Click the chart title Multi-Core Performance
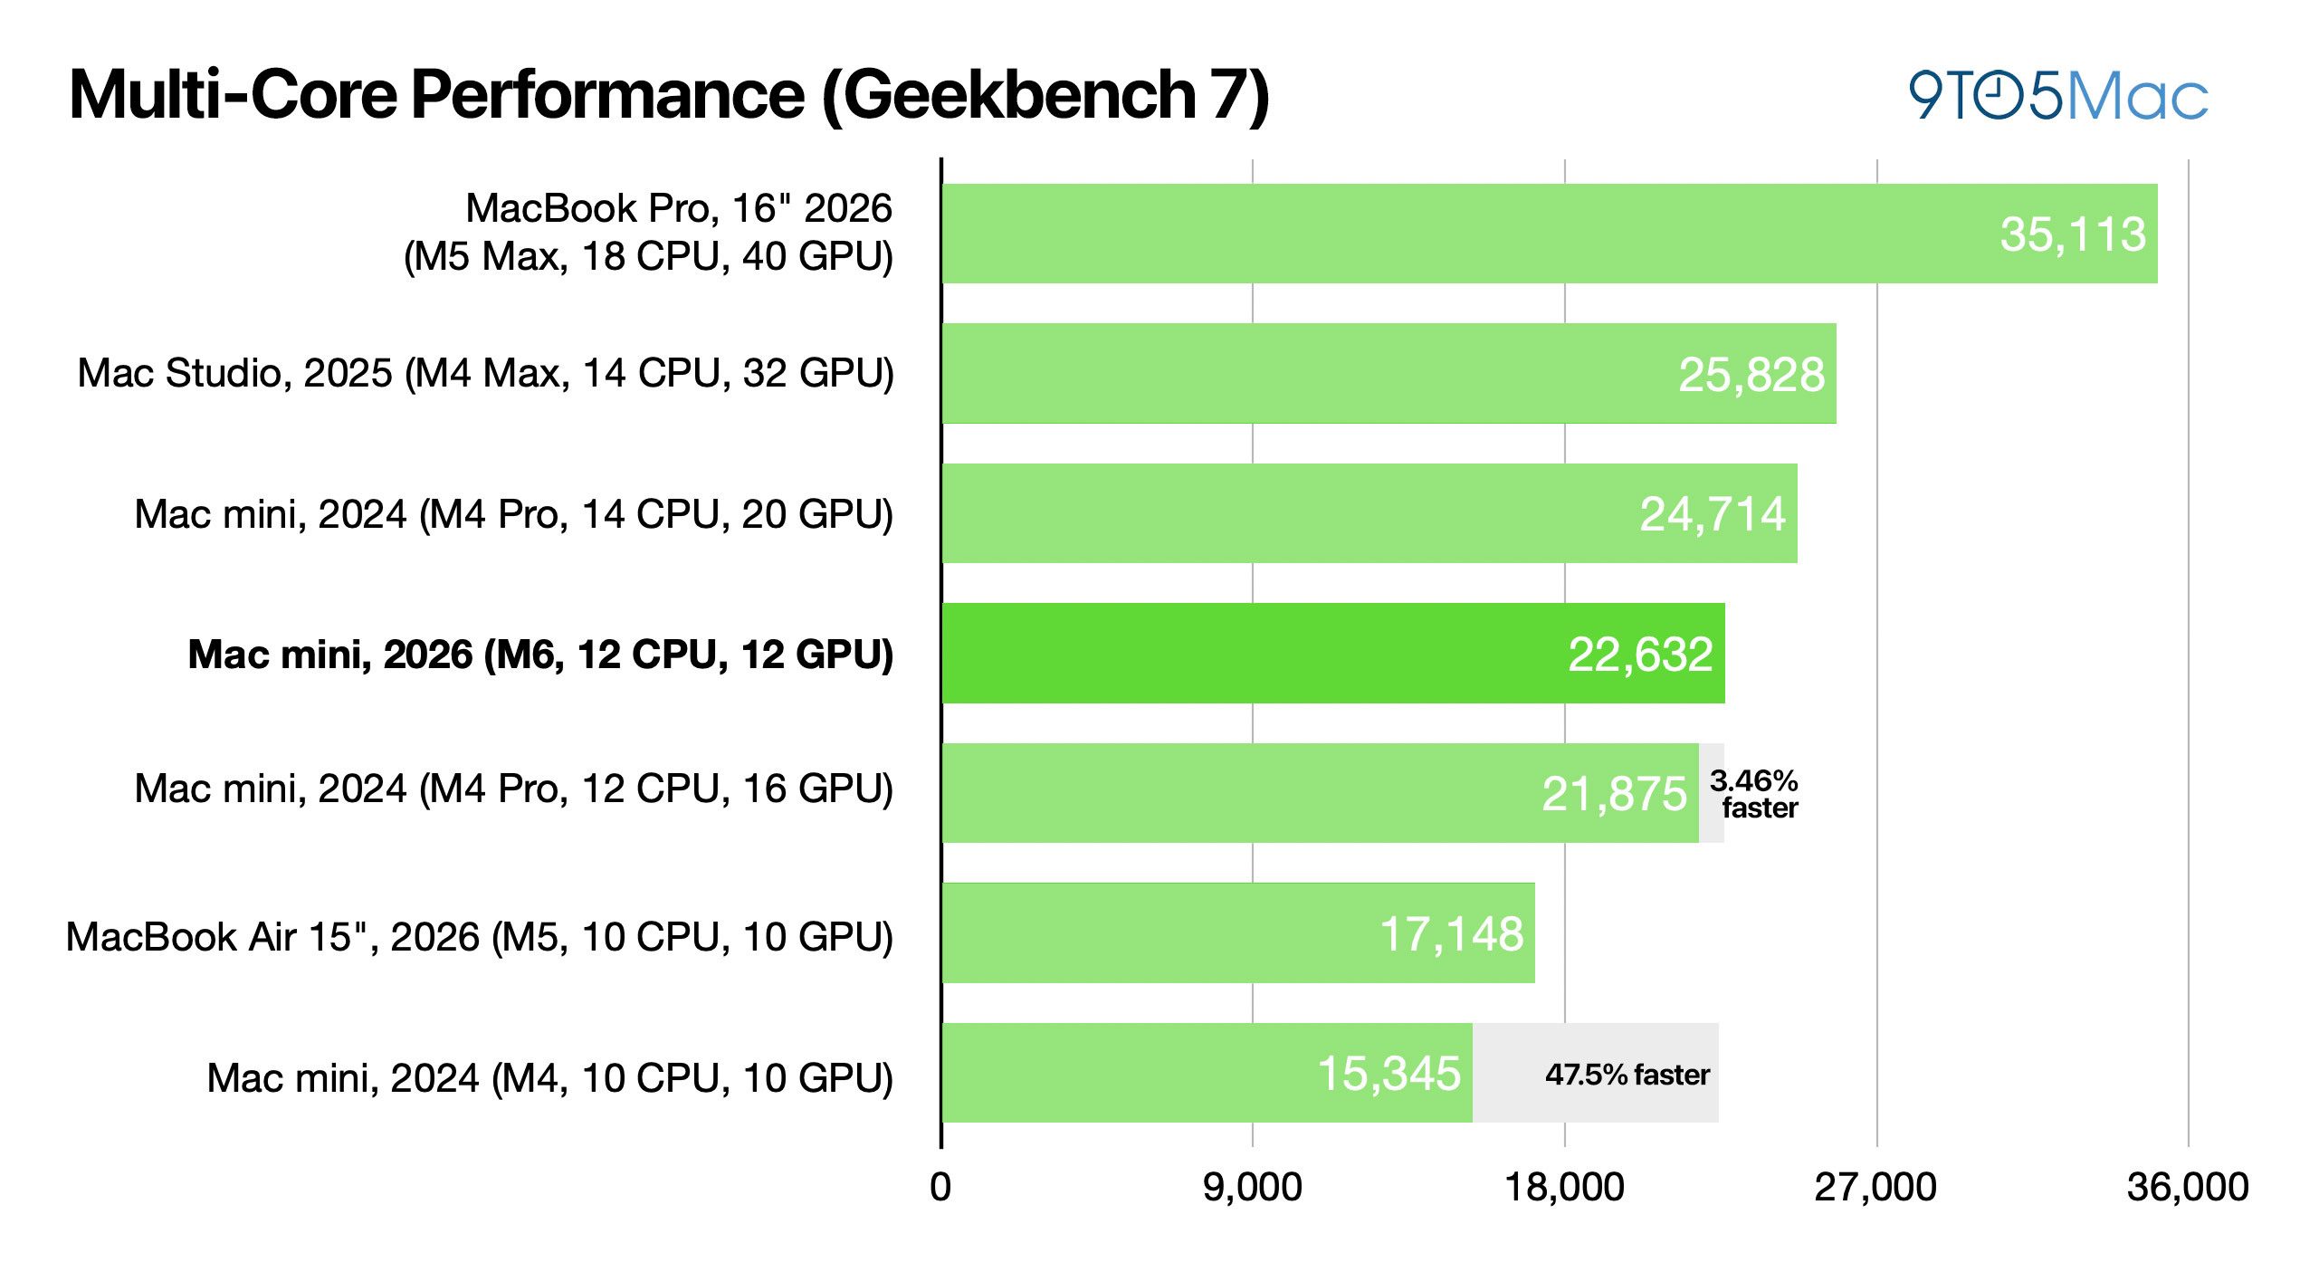[x=669, y=95]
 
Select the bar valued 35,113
[x=1550, y=234]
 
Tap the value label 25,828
[x=1751, y=375]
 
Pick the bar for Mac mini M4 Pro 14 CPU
[x=1369, y=513]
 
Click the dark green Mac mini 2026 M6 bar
[x=1333, y=653]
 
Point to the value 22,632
[x=1640, y=655]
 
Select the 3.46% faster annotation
[x=1754, y=794]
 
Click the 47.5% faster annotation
[x=1627, y=1075]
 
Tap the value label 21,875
[x=1615, y=794]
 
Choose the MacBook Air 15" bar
[x=1238, y=932]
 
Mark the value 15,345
[x=1389, y=1074]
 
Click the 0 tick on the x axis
[x=940, y=1187]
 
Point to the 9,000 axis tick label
[x=1253, y=1187]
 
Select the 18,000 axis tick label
[x=1564, y=1187]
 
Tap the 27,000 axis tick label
[x=1875, y=1187]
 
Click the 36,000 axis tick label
[x=2188, y=1187]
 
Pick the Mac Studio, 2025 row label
[x=486, y=374]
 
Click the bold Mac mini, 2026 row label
[x=540, y=655]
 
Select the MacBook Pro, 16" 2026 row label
[x=648, y=233]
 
